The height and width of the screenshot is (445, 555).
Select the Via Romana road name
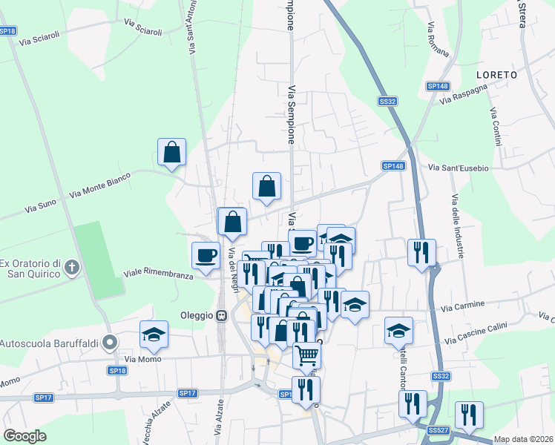pos(437,40)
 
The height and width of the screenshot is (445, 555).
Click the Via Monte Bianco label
pos(99,185)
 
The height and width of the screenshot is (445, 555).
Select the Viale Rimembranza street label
pos(158,273)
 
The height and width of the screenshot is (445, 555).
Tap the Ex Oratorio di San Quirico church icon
pos(72,267)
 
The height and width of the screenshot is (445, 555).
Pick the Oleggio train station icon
pos(221,315)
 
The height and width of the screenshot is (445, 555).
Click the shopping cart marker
pos(306,355)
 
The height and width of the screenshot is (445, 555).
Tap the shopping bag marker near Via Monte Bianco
pos(171,152)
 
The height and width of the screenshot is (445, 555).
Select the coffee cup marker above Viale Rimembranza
pos(206,255)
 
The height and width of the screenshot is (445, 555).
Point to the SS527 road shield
pos(438,430)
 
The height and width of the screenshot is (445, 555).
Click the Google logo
pos(25,436)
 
